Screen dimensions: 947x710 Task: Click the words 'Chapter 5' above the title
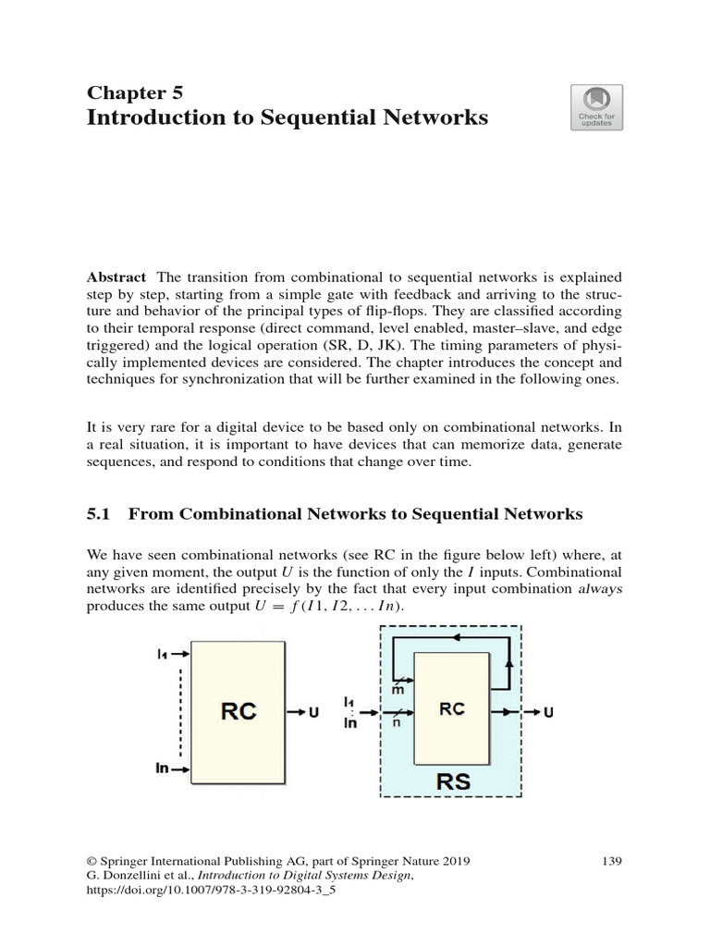pyautogui.click(x=135, y=92)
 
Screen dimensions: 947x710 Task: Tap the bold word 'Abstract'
pyautogui.click(x=116, y=277)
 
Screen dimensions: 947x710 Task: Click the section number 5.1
pyautogui.click(x=98, y=515)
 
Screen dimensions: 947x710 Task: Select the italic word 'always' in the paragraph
pyautogui.click(x=599, y=588)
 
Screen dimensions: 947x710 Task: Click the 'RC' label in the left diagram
pyautogui.click(x=238, y=711)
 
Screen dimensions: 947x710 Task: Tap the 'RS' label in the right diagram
pyautogui.click(x=452, y=781)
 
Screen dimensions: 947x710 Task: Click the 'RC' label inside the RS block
pyautogui.click(x=452, y=708)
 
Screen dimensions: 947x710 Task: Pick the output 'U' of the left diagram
pyautogui.click(x=313, y=712)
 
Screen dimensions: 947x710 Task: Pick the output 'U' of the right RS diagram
pyautogui.click(x=549, y=712)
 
